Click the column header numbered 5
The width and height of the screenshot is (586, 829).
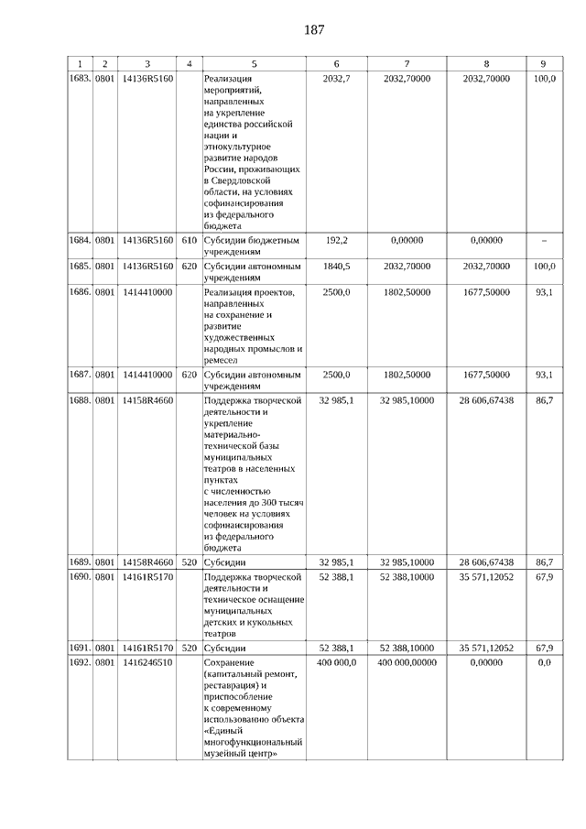click(254, 63)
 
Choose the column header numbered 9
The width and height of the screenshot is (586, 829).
click(544, 63)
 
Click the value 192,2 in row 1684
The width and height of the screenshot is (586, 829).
click(337, 240)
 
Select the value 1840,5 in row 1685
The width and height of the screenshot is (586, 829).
click(337, 266)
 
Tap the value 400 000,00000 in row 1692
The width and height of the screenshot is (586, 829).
click(407, 661)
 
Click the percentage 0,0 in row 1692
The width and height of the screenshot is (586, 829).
click(544, 661)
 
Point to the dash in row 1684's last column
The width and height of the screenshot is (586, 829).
click(544, 240)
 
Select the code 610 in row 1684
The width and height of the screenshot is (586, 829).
click(190, 240)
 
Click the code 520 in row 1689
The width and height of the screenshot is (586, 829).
click(190, 561)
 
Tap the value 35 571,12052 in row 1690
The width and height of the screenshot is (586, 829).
click(486, 577)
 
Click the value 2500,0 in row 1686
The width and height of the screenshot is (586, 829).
click(337, 291)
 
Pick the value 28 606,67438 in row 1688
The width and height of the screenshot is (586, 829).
click(486, 400)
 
